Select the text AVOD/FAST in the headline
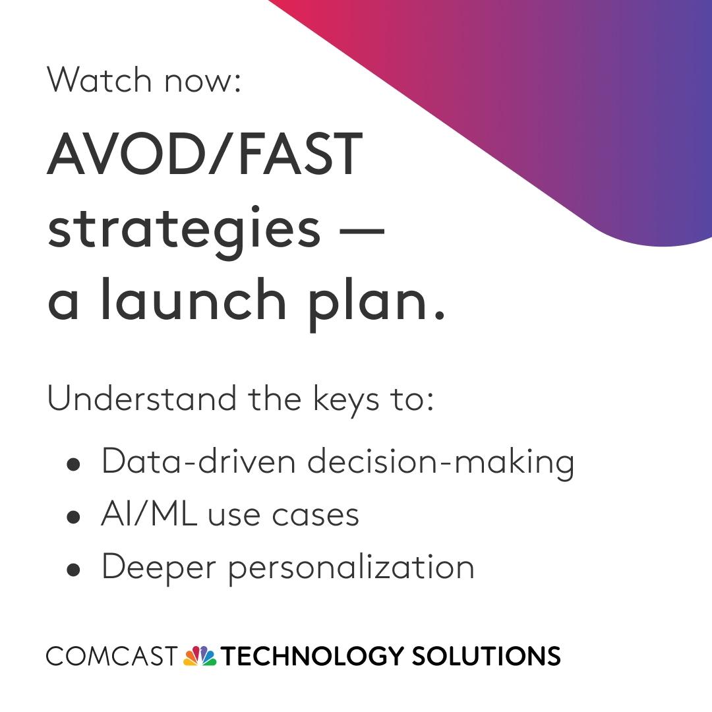pos(205,154)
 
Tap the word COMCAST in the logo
pos(111,657)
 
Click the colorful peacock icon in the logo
pos(200,656)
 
